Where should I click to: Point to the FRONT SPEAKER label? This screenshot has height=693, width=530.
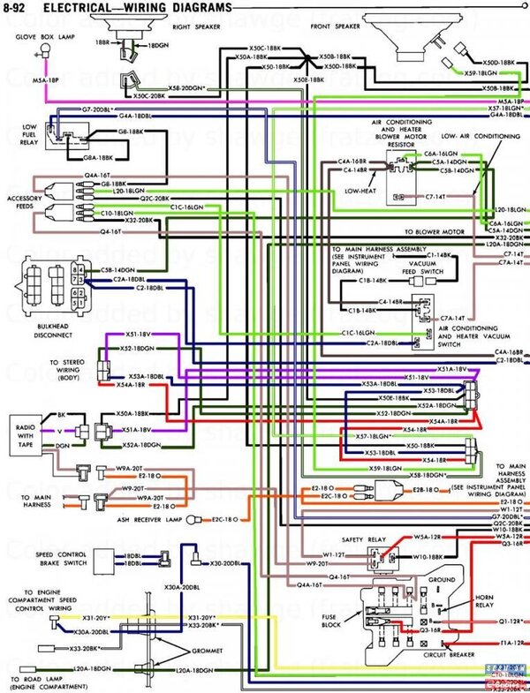[x=334, y=27]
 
